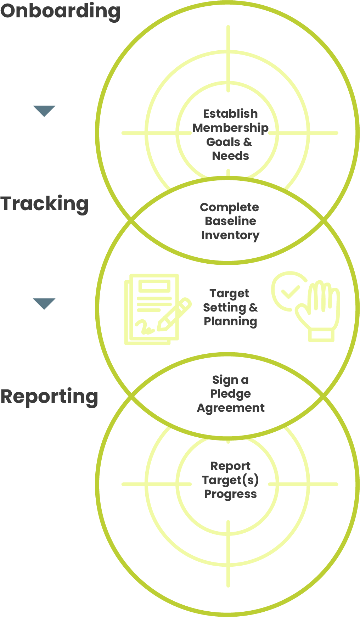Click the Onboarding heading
point(60,11)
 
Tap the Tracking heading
point(44,204)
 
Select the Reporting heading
point(49,397)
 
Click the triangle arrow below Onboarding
point(44,111)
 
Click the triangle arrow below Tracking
point(44,303)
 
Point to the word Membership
point(230,128)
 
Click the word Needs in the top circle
point(230,156)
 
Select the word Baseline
point(230,221)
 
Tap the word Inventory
point(230,235)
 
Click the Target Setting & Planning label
point(230,308)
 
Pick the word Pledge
point(230,394)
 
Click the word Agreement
point(231,408)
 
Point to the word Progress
point(230,494)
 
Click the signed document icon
point(151,308)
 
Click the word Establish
point(230,114)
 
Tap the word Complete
point(229,207)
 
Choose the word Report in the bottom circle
point(230,466)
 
